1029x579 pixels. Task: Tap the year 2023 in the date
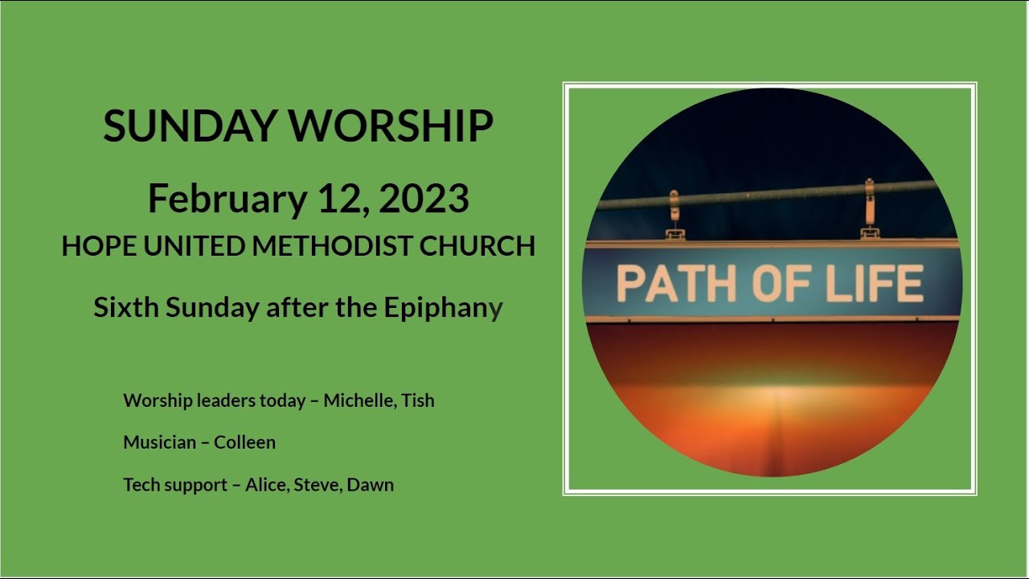(424, 199)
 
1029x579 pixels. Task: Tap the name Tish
(418, 400)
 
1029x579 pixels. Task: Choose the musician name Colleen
(244, 442)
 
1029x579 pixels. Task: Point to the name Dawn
(370, 485)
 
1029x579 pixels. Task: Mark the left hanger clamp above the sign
(674, 216)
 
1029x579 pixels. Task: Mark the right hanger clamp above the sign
(869, 210)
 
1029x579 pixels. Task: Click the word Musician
(159, 442)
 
